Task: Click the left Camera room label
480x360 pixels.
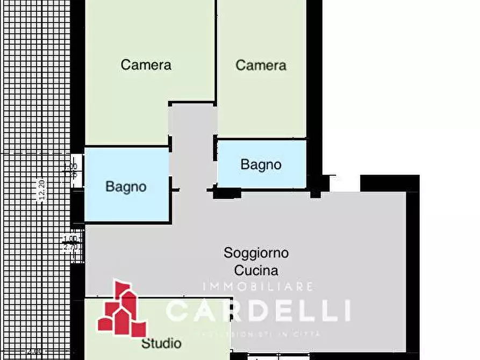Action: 146,65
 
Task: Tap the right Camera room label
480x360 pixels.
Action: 261,66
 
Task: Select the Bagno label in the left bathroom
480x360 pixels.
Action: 126,187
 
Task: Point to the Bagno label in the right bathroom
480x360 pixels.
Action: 261,164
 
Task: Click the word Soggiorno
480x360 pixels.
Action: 256,253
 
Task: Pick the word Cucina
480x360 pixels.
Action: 256,270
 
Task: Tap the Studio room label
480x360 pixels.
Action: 161,343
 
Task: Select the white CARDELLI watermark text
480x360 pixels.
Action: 258,311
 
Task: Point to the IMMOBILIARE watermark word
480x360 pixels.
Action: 257,287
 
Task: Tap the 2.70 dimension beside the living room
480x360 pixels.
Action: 70,247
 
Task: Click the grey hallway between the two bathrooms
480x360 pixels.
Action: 192,145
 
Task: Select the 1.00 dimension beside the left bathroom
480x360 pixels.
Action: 70,167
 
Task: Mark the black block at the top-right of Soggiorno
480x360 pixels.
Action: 389,183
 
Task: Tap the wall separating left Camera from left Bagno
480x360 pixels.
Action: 127,146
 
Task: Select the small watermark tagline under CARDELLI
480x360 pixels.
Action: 257,334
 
